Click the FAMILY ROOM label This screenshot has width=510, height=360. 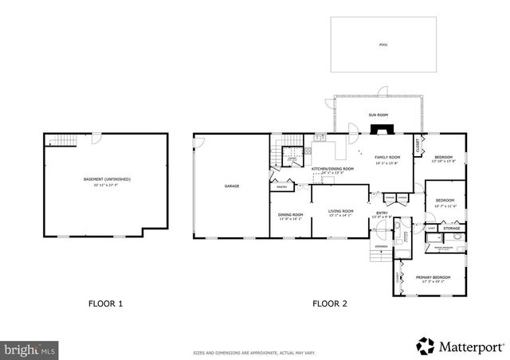click(x=387, y=158)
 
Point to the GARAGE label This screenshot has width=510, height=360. click(x=231, y=186)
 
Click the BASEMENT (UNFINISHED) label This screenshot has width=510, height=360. click(x=107, y=179)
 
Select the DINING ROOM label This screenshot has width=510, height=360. click(x=290, y=214)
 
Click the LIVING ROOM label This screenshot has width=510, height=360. click(x=340, y=211)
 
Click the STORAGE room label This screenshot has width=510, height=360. click(x=452, y=229)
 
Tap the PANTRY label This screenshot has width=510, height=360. click(x=281, y=187)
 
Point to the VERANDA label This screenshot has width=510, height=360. click(x=382, y=247)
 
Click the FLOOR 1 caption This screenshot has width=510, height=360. click(x=105, y=303)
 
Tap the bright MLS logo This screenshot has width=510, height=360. click(x=29, y=349)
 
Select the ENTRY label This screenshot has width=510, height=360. click(x=382, y=213)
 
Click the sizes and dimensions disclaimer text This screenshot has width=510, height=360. click(x=254, y=352)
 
